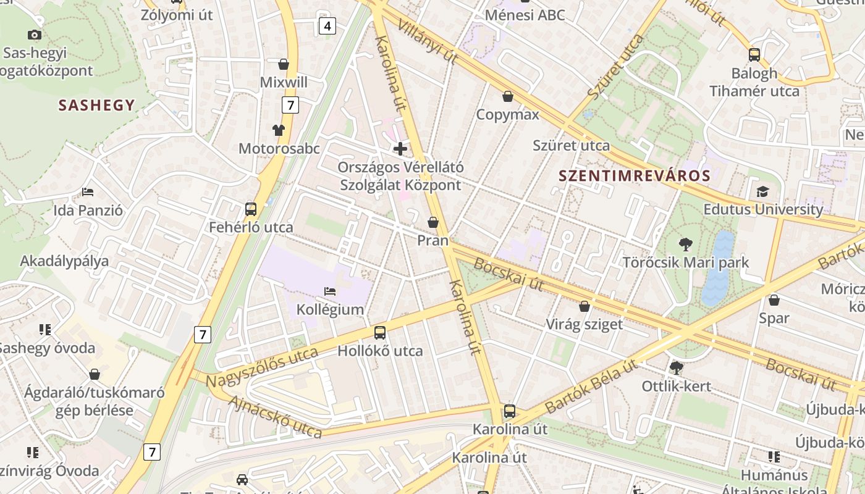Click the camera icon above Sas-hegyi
(35, 35)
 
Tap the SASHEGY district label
(96, 105)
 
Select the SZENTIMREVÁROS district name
(635, 175)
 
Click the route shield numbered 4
(327, 26)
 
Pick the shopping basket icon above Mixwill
(284, 64)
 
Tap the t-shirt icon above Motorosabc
(279, 130)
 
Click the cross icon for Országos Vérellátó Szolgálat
(400, 149)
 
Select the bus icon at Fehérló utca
(251, 209)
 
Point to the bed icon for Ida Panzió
(88, 192)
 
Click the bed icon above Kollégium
(330, 291)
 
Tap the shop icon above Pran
(433, 222)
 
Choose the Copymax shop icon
(508, 96)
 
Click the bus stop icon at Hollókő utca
(380, 333)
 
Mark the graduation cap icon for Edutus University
(762, 191)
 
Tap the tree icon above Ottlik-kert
(677, 368)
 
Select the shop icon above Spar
(774, 300)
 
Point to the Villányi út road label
(428, 41)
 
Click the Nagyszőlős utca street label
(262, 367)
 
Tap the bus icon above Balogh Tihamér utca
(754, 54)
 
